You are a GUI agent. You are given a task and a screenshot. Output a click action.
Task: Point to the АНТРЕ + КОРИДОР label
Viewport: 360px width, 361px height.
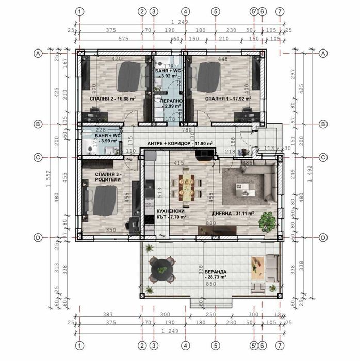(180, 144)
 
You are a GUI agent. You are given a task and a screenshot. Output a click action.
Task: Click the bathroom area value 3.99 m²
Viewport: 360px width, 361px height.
(108, 140)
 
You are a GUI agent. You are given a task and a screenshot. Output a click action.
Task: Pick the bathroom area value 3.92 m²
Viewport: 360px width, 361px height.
(169, 76)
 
